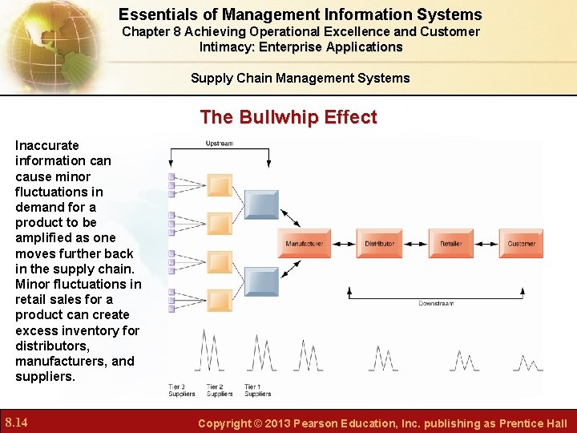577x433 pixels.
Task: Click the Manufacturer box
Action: (305, 243)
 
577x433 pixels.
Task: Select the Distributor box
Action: (379, 243)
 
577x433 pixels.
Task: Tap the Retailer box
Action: (450, 243)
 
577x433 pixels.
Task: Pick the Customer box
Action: (522, 243)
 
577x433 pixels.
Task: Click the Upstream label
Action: (219, 144)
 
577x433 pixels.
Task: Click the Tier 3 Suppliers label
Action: (181, 391)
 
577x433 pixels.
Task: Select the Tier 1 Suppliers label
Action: (257, 391)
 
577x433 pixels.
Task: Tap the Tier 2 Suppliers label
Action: (220, 391)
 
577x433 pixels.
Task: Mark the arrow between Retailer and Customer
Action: (486, 243)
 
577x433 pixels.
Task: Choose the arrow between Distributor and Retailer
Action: (415, 243)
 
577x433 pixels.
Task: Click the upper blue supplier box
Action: (260, 204)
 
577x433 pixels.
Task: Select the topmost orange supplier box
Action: (220, 185)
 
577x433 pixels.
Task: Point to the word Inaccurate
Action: (47, 145)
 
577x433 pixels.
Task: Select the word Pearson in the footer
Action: (326, 423)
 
